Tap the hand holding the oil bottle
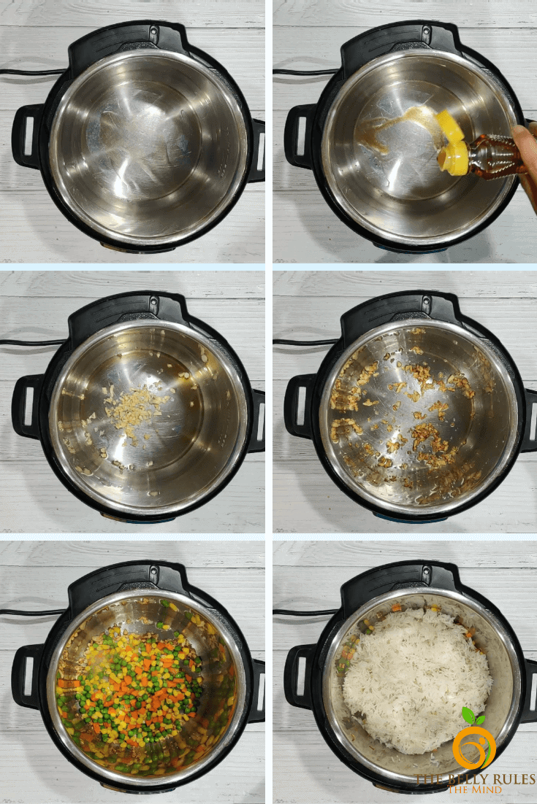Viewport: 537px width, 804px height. pyautogui.click(x=527, y=154)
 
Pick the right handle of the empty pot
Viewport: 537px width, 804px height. pyautogui.click(x=256, y=150)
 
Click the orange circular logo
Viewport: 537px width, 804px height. pyautogui.click(x=474, y=746)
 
